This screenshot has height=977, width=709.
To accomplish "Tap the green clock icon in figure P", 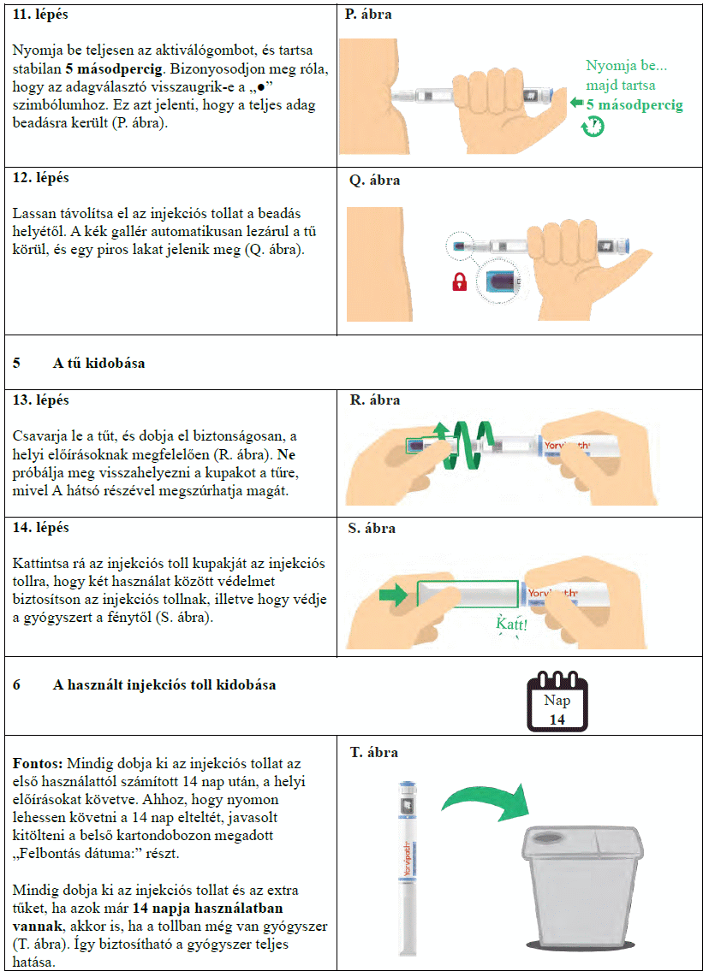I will [593, 127].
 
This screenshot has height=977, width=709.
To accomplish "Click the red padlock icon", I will [459, 283].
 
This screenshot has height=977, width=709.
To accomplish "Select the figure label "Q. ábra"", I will [374, 181].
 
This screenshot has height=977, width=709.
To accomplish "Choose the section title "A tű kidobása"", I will [98, 363].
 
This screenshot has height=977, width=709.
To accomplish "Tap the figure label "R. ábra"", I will [375, 400].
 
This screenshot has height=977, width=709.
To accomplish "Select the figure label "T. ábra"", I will [374, 752].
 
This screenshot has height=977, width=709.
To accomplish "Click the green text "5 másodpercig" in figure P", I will [635, 105].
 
